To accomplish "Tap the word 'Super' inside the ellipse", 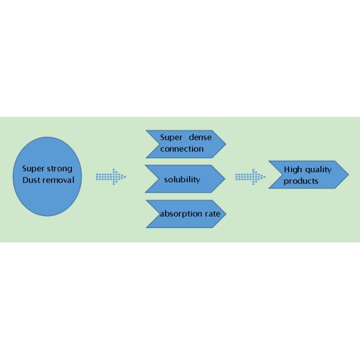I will point(34,169).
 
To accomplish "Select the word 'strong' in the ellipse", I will point(61,169).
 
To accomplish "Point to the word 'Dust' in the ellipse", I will point(31,179).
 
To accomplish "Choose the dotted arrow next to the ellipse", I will point(111,176).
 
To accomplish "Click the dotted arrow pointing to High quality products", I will point(250,176).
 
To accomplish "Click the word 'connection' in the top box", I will point(182,148).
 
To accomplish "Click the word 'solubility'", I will point(182,179).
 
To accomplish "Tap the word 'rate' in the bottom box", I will point(213,214).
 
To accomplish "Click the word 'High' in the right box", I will point(293,169).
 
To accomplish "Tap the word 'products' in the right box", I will point(301,181).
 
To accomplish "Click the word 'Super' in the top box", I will point(170,137).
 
